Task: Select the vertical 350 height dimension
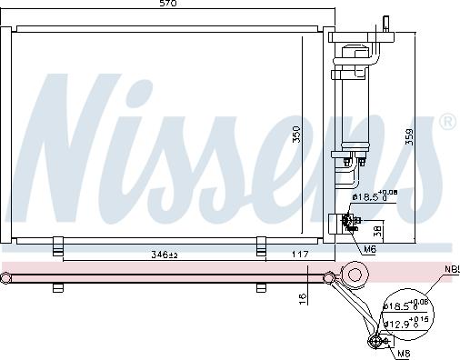(x=296, y=135)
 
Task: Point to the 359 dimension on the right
(x=409, y=137)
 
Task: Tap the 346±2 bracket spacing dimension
(x=164, y=255)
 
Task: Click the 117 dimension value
(x=300, y=254)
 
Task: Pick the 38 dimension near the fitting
(x=378, y=232)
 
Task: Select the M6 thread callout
(x=370, y=249)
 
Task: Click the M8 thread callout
(x=404, y=354)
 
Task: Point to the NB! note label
(x=452, y=269)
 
